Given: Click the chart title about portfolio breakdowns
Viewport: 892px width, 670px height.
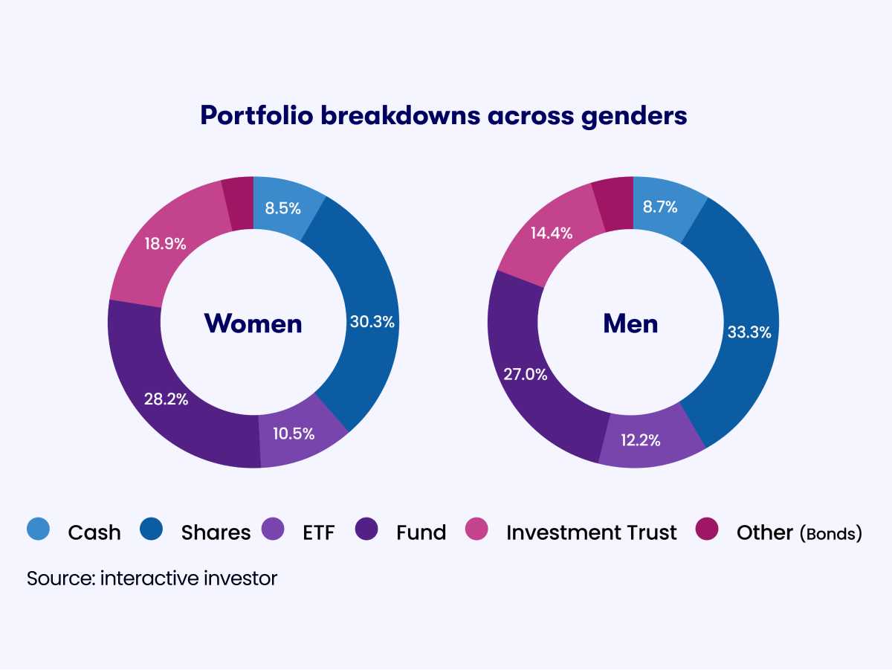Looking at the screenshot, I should [x=443, y=116].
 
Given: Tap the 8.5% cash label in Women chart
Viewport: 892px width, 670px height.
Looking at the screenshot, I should [x=282, y=209].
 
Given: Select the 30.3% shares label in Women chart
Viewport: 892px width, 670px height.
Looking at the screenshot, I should [x=372, y=323].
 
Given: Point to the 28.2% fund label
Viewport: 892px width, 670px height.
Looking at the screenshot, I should [x=166, y=399].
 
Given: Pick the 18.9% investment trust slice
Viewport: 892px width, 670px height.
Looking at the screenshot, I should [x=165, y=243].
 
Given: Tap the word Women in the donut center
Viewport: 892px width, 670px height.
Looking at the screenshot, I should [x=253, y=323].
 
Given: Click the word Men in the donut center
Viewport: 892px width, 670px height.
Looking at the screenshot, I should [x=630, y=323].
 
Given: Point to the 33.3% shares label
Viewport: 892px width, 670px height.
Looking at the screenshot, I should [x=749, y=332].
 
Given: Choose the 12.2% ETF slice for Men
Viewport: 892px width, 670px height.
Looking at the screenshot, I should [x=641, y=439].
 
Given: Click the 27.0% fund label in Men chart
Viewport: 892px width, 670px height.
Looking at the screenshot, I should [x=525, y=374].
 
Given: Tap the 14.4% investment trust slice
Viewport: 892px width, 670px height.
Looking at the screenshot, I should [x=551, y=233].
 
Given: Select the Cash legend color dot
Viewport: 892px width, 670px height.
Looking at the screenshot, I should [x=39, y=529].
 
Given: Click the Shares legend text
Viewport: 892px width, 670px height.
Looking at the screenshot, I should [x=216, y=532].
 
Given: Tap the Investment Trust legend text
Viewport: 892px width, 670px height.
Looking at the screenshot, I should [x=591, y=532].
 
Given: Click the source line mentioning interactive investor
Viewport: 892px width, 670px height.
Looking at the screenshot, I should [x=152, y=579].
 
